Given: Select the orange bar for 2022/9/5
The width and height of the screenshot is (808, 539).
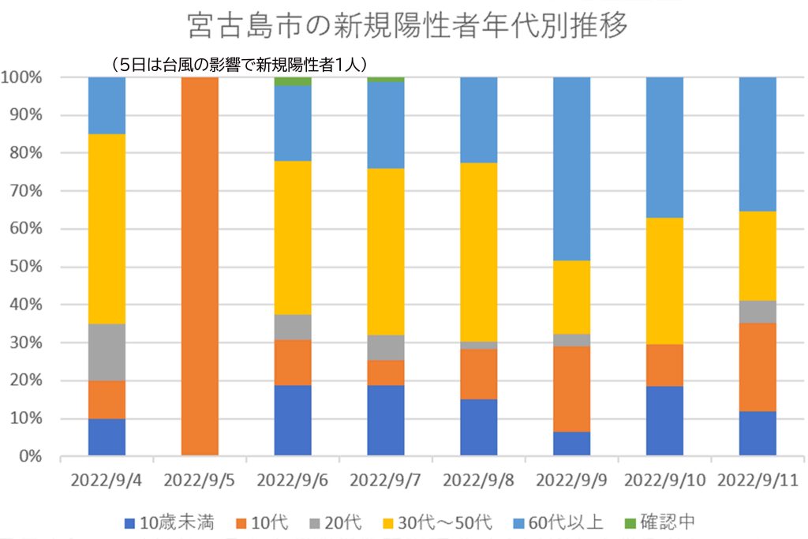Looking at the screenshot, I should click(x=200, y=266).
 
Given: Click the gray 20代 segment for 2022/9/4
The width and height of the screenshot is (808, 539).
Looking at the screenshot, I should click(x=107, y=352).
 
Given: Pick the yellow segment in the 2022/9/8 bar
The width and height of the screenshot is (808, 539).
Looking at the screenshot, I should click(x=479, y=252).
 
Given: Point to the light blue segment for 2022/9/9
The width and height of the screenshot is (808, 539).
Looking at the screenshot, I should click(x=571, y=169).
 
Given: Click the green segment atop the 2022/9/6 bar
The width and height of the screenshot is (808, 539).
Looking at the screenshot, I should click(x=293, y=81).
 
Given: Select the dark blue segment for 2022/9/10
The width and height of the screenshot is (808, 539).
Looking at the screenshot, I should click(x=664, y=421).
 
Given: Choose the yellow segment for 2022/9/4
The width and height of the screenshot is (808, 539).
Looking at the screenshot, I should click(x=107, y=229).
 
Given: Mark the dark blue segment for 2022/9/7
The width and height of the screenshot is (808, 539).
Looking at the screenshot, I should click(x=386, y=421).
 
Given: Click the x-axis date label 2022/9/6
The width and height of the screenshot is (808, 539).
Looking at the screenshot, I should click(x=293, y=480).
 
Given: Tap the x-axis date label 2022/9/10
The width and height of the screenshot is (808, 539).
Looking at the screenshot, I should click(x=664, y=480).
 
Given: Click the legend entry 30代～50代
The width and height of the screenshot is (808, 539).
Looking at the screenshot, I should click(x=447, y=522).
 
